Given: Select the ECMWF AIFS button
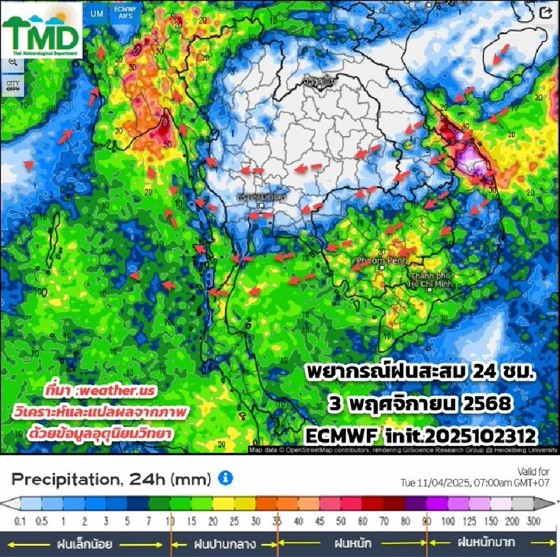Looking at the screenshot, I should tap(123, 13).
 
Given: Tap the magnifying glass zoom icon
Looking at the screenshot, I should tap(13, 62).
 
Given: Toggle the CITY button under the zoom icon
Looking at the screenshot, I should tap(13, 86).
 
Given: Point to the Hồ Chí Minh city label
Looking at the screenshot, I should tap(432, 279).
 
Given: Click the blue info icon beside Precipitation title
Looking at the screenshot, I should tap(225, 479).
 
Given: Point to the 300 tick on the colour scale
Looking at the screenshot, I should tap(534, 521).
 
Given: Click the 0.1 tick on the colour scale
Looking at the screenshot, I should tap(20, 521).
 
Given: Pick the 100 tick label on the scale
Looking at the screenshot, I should tap(448, 521).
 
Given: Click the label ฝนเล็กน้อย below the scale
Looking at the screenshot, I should tap(84, 544).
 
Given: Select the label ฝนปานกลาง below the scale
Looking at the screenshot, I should tap(224, 544).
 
